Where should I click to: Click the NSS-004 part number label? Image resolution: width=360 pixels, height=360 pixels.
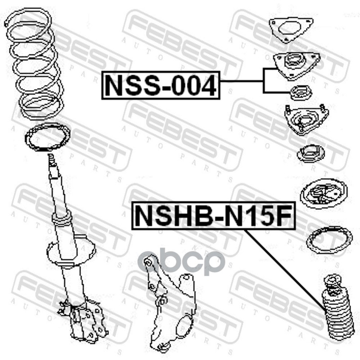click(161, 85)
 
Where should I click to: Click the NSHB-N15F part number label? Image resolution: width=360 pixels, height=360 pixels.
click(213, 216)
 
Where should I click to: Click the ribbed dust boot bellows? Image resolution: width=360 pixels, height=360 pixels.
click(337, 318)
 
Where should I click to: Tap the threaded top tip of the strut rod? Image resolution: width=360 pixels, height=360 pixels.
click(50, 158)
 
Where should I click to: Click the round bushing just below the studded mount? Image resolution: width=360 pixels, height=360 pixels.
click(311, 154)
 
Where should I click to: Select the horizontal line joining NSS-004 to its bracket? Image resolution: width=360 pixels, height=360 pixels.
click(242, 81)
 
